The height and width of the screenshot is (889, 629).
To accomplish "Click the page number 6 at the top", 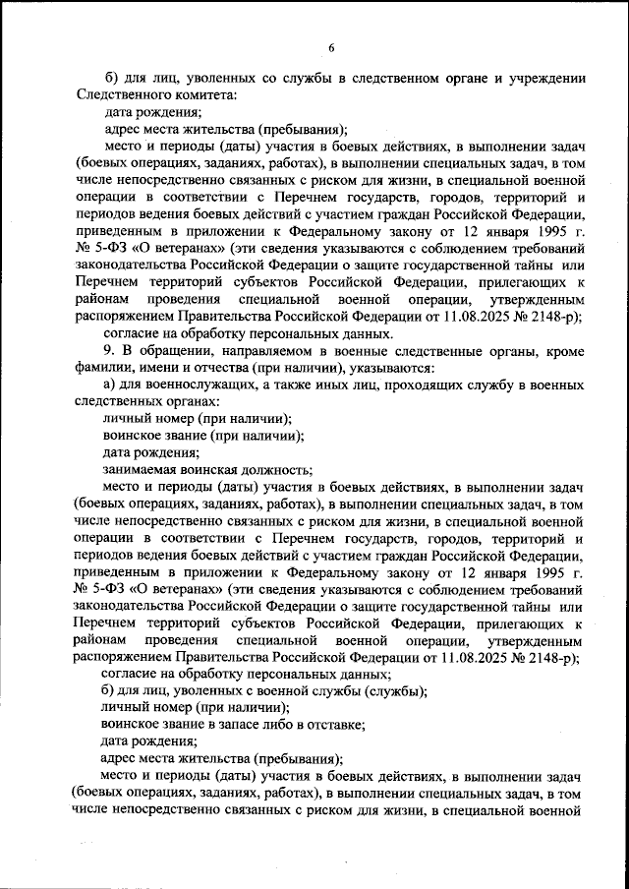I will point(331,49).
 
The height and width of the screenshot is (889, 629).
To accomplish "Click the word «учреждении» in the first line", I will point(547,79).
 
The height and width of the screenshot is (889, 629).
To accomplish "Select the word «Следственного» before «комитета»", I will point(121,95).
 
